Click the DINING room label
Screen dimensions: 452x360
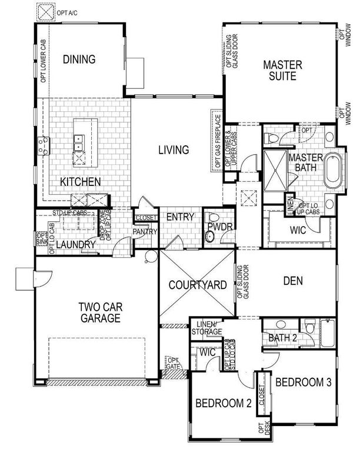pyautogui.click(x=79, y=59)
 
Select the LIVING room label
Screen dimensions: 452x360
pyautogui.click(x=174, y=150)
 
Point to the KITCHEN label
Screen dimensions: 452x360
pyautogui.click(x=81, y=182)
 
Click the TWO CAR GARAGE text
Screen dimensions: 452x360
pyautogui.click(x=98, y=313)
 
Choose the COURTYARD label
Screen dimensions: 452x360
pyautogui.click(x=198, y=285)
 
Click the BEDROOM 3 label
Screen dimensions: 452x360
pyautogui.click(x=304, y=382)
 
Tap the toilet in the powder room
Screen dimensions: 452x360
pyautogui.click(x=209, y=237)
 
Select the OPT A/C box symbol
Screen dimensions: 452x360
pyautogui.click(x=44, y=12)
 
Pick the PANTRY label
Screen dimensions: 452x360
pyautogui.click(x=145, y=232)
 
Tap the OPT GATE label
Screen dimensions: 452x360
pyautogui.click(x=174, y=364)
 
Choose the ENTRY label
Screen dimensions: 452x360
pyautogui.click(x=180, y=217)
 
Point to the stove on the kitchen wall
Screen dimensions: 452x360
pyautogui.click(x=42, y=144)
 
